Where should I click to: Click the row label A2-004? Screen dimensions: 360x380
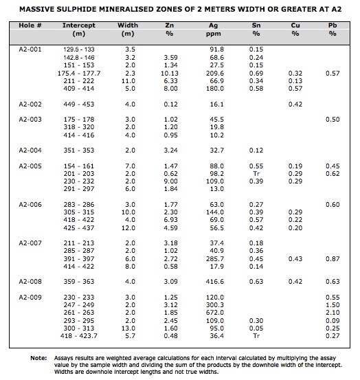tap(30, 150)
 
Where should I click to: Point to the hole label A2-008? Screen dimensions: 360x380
tap(30, 282)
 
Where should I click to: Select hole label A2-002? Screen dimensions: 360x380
tap(30, 104)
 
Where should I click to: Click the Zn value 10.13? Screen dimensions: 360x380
tap(170, 74)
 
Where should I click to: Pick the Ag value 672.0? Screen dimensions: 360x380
tap(215, 313)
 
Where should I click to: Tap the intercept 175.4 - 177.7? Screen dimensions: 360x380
tap(79, 74)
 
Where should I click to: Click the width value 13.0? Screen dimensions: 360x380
tap(128, 328)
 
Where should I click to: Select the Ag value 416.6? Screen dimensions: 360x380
tap(215, 282)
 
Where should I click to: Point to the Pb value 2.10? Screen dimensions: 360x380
tap(333, 313)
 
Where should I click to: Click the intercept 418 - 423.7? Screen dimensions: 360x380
tap(79, 335)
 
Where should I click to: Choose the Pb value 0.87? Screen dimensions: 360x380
tap(333, 259)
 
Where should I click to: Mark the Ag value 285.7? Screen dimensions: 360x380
tap(215, 259)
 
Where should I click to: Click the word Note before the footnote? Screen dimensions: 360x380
tap(38, 358)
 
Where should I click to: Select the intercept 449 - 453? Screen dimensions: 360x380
tap(79, 104)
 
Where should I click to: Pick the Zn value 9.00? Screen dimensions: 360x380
tap(170, 181)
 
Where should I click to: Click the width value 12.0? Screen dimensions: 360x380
tap(128, 228)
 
